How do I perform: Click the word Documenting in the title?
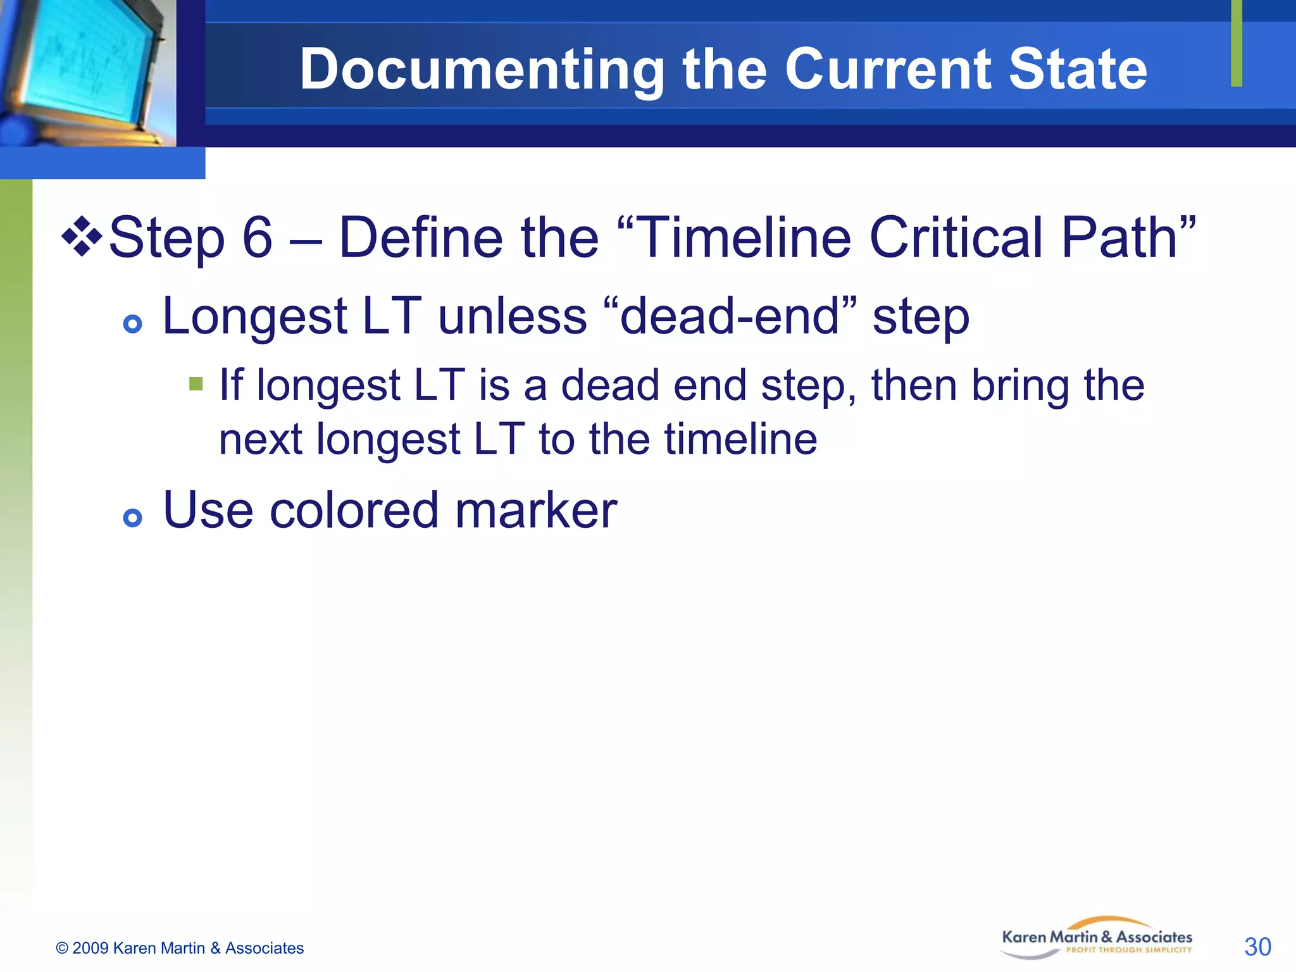(x=482, y=70)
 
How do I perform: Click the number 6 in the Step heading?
(x=258, y=238)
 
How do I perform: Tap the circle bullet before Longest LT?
(x=132, y=325)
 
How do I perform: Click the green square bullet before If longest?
(x=196, y=384)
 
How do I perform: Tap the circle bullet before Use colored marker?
(x=132, y=518)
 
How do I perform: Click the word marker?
(x=535, y=510)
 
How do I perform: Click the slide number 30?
(x=1257, y=947)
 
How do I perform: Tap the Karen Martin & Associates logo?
(x=1096, y=938)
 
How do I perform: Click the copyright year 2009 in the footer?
(x=90, y=948)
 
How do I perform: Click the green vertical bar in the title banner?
(x=1237, y=43)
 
